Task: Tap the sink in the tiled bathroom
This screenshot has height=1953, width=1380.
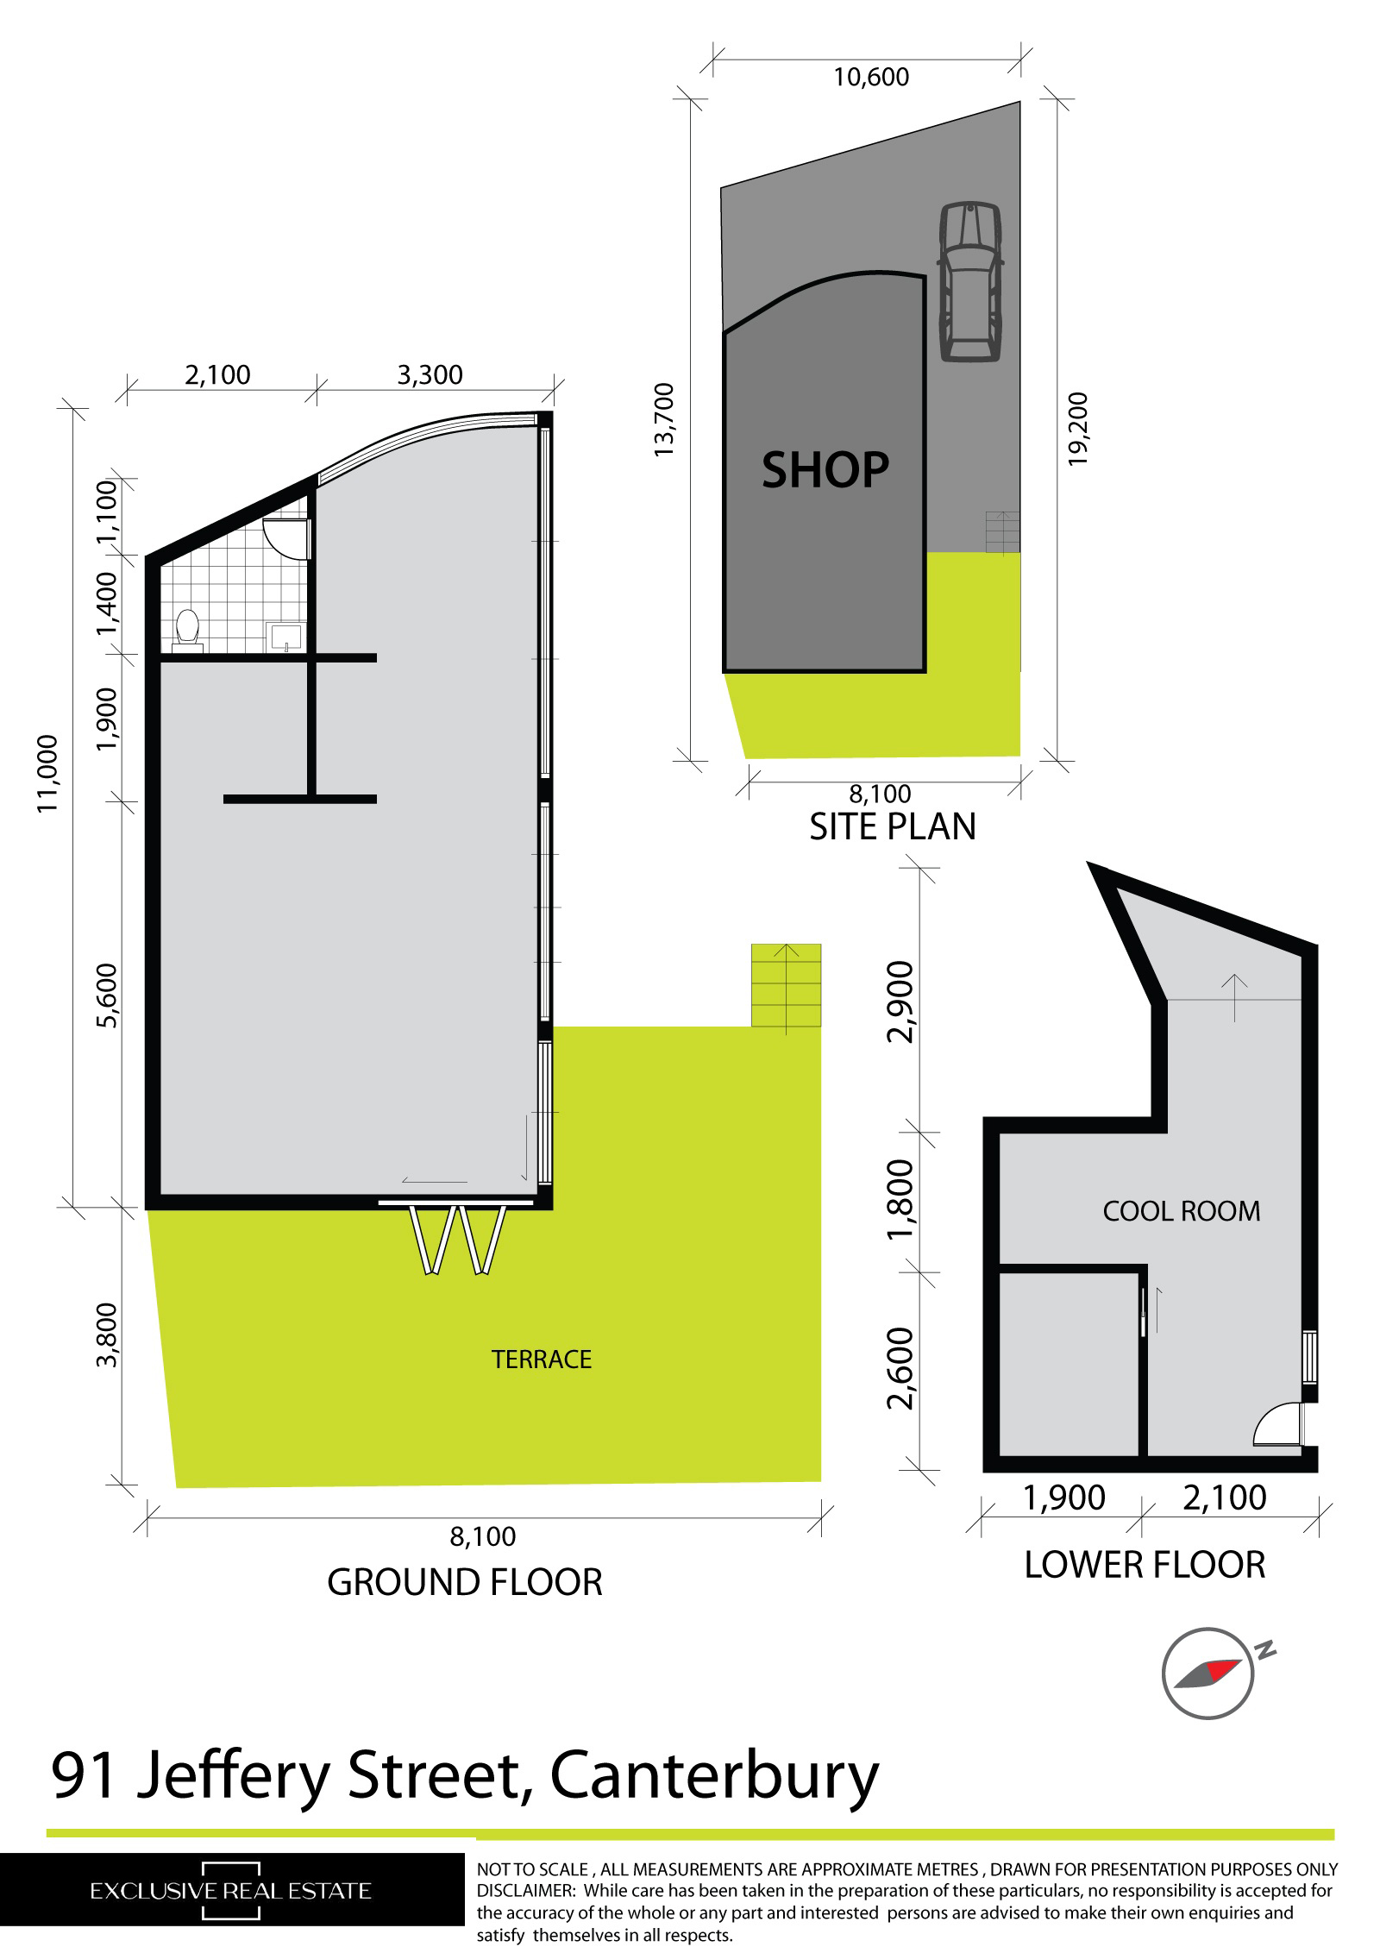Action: tap(285, 637)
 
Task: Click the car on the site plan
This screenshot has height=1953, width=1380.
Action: tap(970, 282)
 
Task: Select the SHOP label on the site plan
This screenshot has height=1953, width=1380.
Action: tap(825, 470)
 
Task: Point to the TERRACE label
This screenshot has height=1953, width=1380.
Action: tap(541, 1360)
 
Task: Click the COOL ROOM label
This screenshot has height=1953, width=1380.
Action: tap(1181, 1211)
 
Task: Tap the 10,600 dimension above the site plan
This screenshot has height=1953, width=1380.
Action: tap(871, 78)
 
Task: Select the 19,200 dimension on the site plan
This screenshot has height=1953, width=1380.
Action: tap(1078, 429)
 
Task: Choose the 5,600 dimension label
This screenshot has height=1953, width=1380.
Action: tap(109, 996)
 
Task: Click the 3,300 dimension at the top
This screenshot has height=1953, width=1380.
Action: tap(430, 375)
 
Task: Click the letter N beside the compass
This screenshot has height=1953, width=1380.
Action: tap(1265, 1651)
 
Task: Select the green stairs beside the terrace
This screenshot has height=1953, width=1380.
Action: tap(786, 985)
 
